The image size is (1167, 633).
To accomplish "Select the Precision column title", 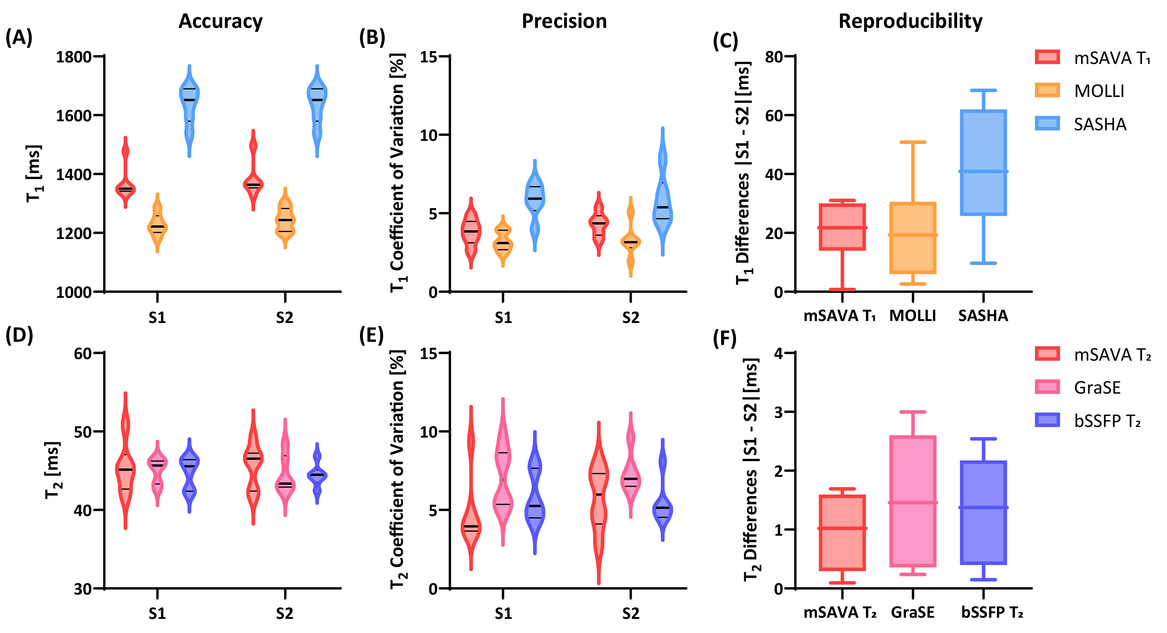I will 564,21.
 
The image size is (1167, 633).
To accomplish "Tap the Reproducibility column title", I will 910,21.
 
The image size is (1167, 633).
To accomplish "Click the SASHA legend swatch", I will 1047,123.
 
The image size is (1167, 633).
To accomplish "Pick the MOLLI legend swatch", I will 1047,90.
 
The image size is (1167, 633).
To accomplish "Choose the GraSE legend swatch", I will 1047,387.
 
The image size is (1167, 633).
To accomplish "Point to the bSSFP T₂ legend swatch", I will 1047,420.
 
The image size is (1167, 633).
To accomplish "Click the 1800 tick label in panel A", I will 73,57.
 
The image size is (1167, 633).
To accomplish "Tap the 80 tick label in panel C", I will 774,57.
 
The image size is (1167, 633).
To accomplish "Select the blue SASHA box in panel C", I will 983,162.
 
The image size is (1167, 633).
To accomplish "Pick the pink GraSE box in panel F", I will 913,501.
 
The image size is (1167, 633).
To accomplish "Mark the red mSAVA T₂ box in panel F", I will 842,532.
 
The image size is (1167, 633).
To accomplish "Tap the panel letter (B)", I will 372,37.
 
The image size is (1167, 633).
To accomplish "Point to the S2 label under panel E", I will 630,613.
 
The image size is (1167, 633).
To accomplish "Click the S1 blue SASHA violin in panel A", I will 189,109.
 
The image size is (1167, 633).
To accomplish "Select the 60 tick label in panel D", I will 83,353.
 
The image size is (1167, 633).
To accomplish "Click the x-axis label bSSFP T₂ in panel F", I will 992,613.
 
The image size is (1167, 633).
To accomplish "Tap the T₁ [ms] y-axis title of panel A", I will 34,174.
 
